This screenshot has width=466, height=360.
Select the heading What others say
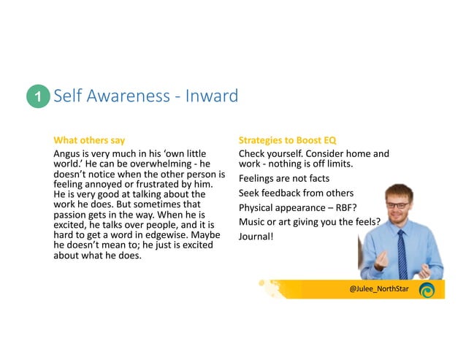[x=89, y=139]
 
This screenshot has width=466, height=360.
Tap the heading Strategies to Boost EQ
[x=287, y=139]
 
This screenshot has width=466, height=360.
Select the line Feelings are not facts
[x=283, y=178]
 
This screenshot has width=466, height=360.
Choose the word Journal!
[x=256, y=237]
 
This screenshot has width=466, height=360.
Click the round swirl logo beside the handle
[x=427, y=290]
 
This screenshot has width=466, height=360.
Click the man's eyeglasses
[x=397, y=205]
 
